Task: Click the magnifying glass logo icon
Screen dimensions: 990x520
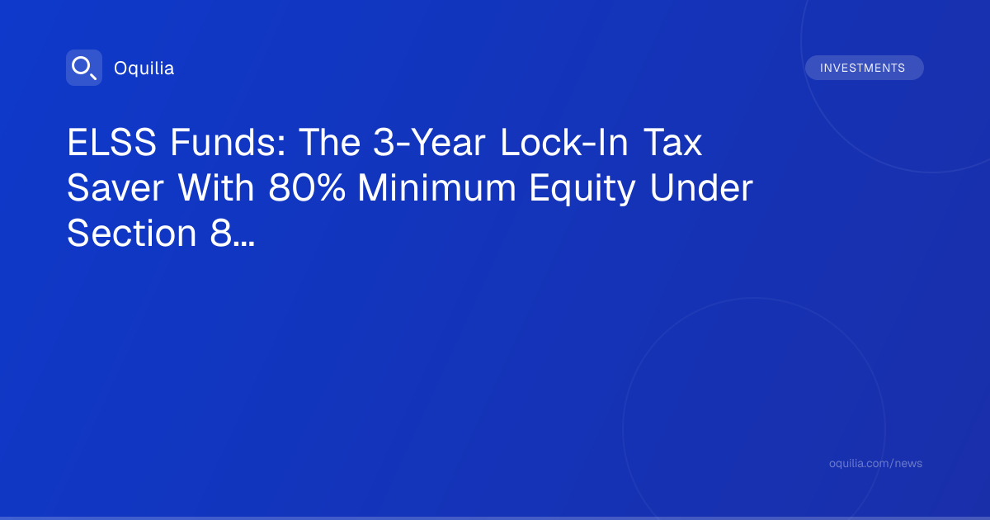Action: (x=84, y=68)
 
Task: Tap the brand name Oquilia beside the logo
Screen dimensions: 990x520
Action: (x=144, y=69)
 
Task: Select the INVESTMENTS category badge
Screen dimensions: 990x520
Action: (x=865, y=68)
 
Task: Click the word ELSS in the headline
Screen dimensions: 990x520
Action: (x=111, y=142)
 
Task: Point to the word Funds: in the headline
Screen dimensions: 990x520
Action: (x=228, y=142)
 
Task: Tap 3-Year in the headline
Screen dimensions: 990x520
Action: (x=429, y=142)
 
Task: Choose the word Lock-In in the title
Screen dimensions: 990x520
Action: (x=564, y=142)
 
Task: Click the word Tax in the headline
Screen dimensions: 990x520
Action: (x=672, y=142)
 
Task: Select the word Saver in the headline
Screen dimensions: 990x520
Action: (x=115, y=188)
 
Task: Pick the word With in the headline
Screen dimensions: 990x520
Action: (x=216, y=188)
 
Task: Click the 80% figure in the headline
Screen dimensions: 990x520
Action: (x=307, y=188)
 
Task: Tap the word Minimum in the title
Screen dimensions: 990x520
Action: (x=436, y=188)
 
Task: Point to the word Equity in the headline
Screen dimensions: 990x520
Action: (x=582, y=189)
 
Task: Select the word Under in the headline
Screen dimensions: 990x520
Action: (x=701, y=188)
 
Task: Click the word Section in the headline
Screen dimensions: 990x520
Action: (x=132, y=234)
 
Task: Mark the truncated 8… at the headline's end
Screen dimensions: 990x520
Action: (x=233, y=234)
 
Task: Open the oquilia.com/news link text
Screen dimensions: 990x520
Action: (x=875, y=463)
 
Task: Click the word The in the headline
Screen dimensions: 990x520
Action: (x=330, y=142)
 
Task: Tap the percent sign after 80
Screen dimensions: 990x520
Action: (x=330, y=188)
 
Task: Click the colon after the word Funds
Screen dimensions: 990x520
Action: (x=281, y=146)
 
